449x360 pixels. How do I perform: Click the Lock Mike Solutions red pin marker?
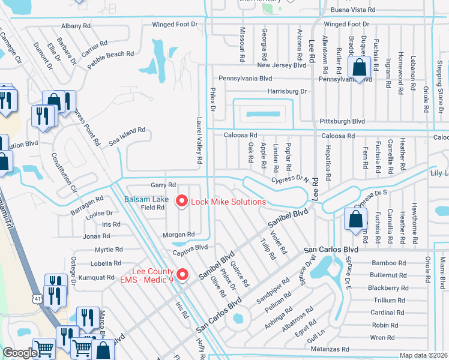point(181,202)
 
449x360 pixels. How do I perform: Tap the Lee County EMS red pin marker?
point(185,275)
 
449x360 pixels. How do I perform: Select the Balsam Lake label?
point(146,199)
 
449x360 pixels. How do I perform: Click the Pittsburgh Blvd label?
point(343,121)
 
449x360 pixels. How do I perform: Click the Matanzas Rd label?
point(329,349)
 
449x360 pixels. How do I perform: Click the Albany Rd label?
point(76,26)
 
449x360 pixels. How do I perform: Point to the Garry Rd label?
point(163,185)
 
